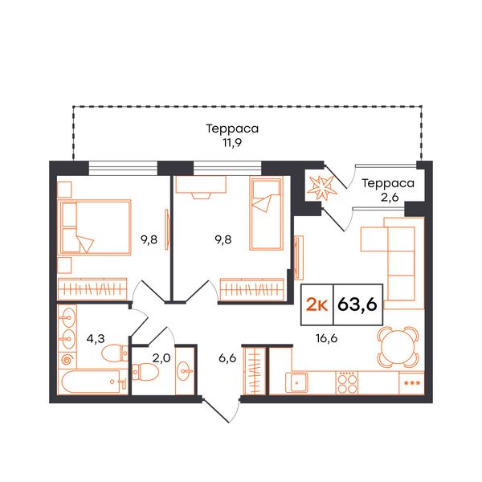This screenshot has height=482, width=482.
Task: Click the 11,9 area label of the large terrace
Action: tap(232, 143)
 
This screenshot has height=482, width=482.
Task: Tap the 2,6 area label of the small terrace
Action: tap(390, 198)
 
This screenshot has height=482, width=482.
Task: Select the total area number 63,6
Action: tap(357, 304)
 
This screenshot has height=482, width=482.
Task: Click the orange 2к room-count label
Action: tap(317, 305)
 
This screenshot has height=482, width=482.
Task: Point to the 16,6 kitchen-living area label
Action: tap(326, 338)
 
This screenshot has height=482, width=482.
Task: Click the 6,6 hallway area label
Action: tap(227, 358)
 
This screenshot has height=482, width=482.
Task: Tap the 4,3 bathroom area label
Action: tap(96, 339)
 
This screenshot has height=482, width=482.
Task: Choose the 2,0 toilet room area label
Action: tap(161, 358)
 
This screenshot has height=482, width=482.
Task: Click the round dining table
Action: tap(398, 346)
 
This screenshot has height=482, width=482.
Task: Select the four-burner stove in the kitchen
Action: tap(347, 382)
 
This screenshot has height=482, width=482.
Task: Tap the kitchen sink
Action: tap(296, 382)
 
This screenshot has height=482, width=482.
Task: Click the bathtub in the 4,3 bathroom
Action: tap(92, 382)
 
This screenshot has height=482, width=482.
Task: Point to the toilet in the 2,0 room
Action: tap(144, 372)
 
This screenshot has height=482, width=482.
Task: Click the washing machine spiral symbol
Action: tap(67, 359)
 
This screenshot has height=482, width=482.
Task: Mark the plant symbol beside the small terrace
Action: tap(322, 187)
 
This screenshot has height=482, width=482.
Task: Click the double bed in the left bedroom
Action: tap(95, 227)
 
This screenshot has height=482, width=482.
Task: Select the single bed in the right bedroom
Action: tap(266, 214)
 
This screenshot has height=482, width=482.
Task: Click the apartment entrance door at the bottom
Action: tap(222, 411)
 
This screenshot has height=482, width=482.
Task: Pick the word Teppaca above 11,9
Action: tap(232, 129)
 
